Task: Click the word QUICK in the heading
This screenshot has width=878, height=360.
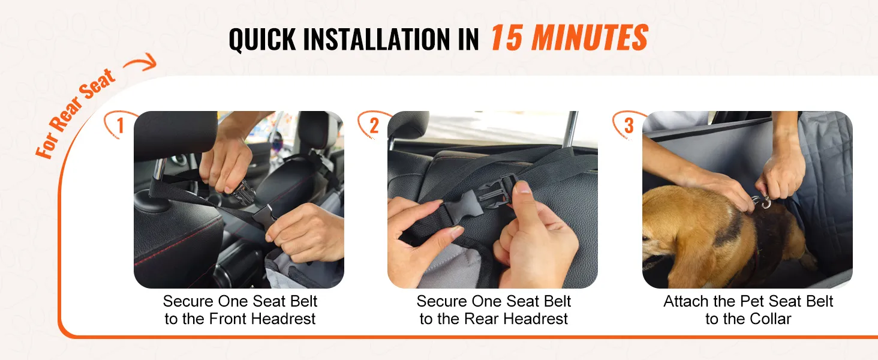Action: tap(262, 39)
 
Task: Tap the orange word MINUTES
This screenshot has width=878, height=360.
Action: tap(590, 38)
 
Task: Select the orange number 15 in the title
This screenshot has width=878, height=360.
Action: tap(506, 38)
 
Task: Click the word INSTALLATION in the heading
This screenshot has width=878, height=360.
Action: tap(375, 39)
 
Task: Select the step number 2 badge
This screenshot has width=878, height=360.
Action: tap(374, 125)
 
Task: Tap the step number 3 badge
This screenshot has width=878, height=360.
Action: tap(629, 125)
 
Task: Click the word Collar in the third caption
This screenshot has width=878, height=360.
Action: tap(770, 319)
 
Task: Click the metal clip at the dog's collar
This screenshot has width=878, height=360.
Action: tap(761, 202)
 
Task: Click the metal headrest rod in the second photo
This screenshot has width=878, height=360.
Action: tap(571, 130)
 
